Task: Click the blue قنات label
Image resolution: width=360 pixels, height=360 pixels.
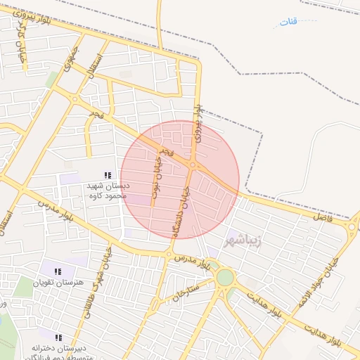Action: (289, 22)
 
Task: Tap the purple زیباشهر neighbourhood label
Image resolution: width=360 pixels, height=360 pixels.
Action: (243, 241)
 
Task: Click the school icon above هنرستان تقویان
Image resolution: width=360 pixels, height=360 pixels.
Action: (58, 271)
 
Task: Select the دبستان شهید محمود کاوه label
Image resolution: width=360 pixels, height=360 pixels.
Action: (107, 191)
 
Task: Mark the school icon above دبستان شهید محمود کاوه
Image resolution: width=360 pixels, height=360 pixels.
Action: (108, 175)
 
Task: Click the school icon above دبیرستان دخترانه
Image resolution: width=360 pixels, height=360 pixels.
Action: (58, 337)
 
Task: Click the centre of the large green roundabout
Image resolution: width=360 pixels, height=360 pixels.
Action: (224, 277)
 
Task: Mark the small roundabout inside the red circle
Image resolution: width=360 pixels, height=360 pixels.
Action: (193, 166)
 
